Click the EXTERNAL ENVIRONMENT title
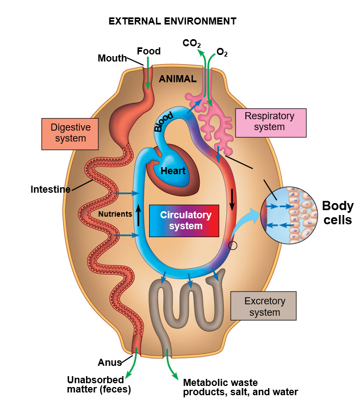click(x=172, y=21)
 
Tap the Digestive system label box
click(x=71, y=133)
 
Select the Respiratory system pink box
click(x=269, y=121)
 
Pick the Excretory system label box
click(x=263, y=306)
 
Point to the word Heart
click(x=173, y=171)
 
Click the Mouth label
click(x=112, y=58)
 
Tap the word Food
click(x=148, y=51)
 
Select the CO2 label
click(x=191, y=42)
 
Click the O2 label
click(x=222, y=53)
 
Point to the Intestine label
click(x=51, y=189)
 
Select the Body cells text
click(x=338, y=213)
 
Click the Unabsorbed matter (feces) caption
click(x=98, y=384)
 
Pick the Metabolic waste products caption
click(x=240, y=387)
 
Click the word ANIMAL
click(x=177, y=79)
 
